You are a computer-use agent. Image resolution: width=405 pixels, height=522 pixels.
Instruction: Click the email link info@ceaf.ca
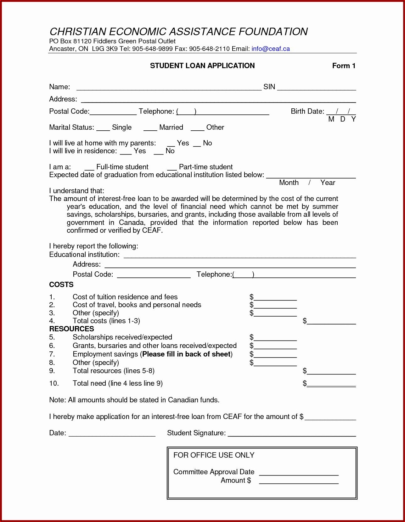click(x=270, y=49)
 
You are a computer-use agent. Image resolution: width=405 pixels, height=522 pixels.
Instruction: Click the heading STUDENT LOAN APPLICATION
click(x=202, y=66)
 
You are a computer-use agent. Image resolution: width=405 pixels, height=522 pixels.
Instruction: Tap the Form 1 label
click(x=344, y=66)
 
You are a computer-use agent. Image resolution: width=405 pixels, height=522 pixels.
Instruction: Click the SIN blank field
click(x=316, y=88)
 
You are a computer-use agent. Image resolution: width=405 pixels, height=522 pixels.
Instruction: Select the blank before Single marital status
click(x=103, y=128)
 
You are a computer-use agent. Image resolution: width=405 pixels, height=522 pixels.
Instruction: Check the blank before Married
click(x=150, y=128)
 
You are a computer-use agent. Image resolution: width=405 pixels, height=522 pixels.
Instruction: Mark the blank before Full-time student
click(x=89, y=168)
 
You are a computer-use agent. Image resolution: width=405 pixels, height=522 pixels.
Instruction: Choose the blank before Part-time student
click(x=172, y=168)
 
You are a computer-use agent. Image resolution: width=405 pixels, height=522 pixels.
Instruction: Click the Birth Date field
click(x=341, y=112)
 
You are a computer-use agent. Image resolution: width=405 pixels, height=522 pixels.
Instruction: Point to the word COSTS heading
click(x=61, y=285)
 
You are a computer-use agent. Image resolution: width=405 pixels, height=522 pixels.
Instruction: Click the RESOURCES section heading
click(x=71, y=329)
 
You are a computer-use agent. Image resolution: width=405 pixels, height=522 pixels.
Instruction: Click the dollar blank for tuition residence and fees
click(x=275, y=298)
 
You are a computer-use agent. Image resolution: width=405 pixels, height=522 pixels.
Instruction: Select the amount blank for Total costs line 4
click(x=331, y=322)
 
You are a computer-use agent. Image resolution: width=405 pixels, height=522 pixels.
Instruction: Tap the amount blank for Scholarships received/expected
click(x=275, y=338)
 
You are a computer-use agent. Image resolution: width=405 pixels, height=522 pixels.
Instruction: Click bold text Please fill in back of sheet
click(x=186, y=354)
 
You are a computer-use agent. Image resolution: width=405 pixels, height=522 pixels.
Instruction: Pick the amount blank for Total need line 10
click(x=331, y=384)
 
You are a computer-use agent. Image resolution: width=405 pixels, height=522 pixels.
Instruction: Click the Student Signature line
click(x=292, y=434)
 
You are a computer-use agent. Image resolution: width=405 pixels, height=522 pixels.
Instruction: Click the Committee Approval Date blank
click(x=299, y=473)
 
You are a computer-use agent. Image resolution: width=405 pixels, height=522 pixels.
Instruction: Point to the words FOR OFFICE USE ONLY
click(x=214, y=455)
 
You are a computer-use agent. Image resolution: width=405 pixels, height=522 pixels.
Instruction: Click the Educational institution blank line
click(x=239, y=255)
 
